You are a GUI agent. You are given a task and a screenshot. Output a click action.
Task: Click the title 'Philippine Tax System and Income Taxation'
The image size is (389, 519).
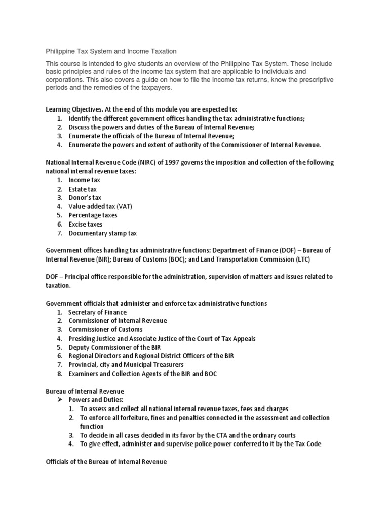pos(111,51)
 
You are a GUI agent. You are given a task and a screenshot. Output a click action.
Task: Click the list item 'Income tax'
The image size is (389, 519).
pos(84,180)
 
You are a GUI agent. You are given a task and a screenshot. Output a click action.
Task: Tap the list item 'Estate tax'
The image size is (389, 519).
pos(83,189)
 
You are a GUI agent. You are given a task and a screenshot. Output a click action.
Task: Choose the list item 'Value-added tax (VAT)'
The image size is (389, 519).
pos(100,207)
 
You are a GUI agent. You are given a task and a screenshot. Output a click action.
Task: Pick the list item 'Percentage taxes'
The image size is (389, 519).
pos(93,215)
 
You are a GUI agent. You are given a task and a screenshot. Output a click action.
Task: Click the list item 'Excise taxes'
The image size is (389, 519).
pos(86,224)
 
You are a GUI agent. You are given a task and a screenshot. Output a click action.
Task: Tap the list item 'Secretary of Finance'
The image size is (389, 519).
pos(97,312)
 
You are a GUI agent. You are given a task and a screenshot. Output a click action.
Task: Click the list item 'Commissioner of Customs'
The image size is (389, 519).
pos(105,329)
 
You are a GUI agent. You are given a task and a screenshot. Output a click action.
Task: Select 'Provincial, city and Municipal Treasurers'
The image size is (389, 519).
pos(126,364)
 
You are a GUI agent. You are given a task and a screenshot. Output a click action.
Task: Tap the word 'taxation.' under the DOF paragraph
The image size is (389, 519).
pos(59,286)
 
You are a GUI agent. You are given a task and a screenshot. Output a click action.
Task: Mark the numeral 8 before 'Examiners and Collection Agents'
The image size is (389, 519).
pos(59,374)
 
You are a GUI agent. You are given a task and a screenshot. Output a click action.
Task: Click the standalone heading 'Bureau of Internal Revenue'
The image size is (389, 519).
pos(85,391)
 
